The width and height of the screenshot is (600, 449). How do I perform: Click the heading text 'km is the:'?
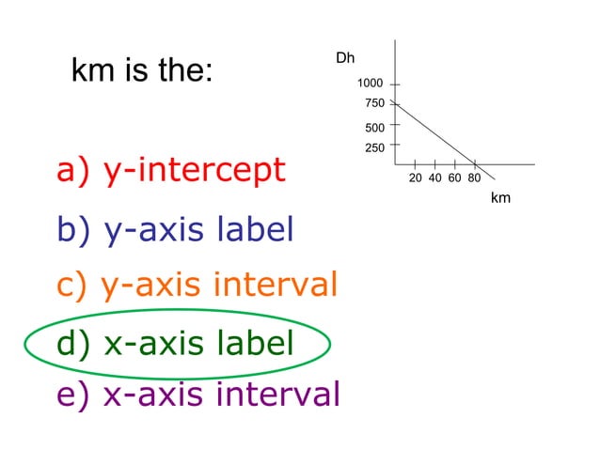pos(142,71)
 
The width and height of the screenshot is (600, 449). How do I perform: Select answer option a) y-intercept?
pos(170,170)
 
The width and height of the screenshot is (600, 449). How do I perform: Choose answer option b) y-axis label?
pos(175,229)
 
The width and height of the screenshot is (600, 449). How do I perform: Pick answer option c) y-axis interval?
pos(197,284)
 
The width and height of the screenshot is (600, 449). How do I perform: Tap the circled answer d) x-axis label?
pos(175,343)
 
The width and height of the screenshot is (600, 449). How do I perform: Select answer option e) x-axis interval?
pos(197,394)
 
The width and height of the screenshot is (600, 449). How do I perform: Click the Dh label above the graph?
pos(345,58)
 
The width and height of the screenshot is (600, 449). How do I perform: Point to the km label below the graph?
pos(500,198)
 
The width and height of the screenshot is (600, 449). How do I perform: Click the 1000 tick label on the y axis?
pos(370,84)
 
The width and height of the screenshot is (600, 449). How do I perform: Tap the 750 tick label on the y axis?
pos(374,103)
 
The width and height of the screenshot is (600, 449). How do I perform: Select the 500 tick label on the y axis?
pos(374,128)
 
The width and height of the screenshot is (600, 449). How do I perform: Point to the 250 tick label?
pos(374,147)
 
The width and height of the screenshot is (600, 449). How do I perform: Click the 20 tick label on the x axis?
pos(416,178)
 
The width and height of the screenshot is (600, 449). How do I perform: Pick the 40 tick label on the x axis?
pos(435,178)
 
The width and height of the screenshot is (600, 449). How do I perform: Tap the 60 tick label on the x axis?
pos(454,178)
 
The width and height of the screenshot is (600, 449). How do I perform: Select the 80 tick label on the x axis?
pos(474,178)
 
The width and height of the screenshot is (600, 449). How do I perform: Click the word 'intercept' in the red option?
pos(218,170)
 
